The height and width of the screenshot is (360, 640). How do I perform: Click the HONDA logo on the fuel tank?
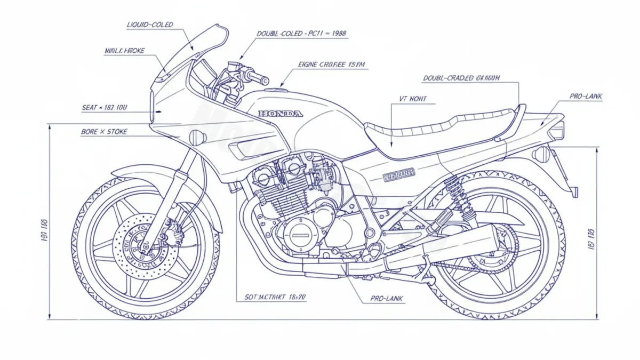click(x=281, y=113)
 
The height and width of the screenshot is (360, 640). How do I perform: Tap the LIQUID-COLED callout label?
click(x=150, y=25)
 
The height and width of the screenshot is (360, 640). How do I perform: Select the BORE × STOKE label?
click(x=104, y=131)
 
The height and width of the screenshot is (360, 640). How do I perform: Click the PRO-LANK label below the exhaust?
click(x=387, y=299)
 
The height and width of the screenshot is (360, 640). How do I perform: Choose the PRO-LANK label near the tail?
click(x=586, y=96)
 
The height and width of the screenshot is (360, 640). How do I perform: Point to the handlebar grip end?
click(x=265, y=80)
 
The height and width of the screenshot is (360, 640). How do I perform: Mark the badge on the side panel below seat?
click(x=399, y=174)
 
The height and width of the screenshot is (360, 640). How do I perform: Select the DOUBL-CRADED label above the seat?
click(x=461, y=78)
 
